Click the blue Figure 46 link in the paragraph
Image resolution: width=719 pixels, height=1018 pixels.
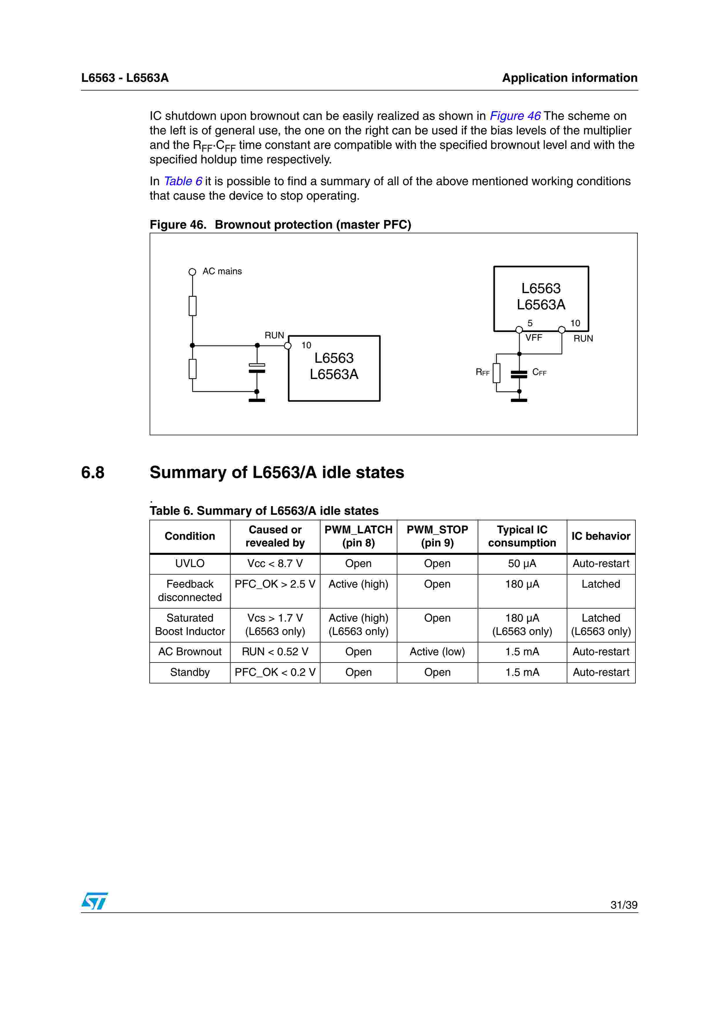pos(515,116)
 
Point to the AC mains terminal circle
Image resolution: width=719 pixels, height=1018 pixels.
pos(192,272)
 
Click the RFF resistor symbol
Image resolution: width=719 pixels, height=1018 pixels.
pos(497,373)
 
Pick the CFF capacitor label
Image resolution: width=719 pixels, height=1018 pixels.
pos(539,372)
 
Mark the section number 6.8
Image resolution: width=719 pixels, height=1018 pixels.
pos(93,473)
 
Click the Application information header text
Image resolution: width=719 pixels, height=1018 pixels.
pos(569,78)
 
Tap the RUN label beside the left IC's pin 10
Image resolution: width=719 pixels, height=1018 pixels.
pos(274,336)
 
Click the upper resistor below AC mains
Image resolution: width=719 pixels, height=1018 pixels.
pos(192,306)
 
